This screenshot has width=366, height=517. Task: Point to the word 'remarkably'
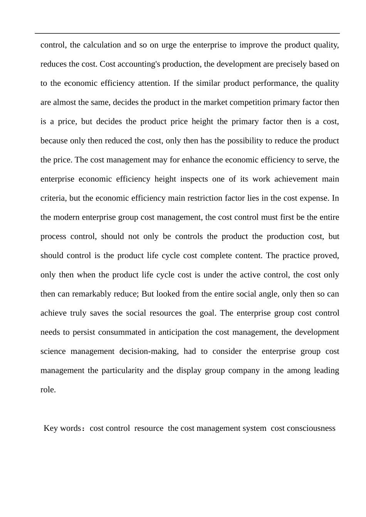pyautogui.click(x=101, y=294)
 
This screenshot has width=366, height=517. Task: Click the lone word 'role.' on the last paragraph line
pyautogui.click(x=48, y=390)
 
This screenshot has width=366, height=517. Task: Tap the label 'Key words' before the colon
pyautogui.click(x=62, y=429)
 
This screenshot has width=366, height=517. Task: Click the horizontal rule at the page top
pyautogui.click(x=187, y=33)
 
